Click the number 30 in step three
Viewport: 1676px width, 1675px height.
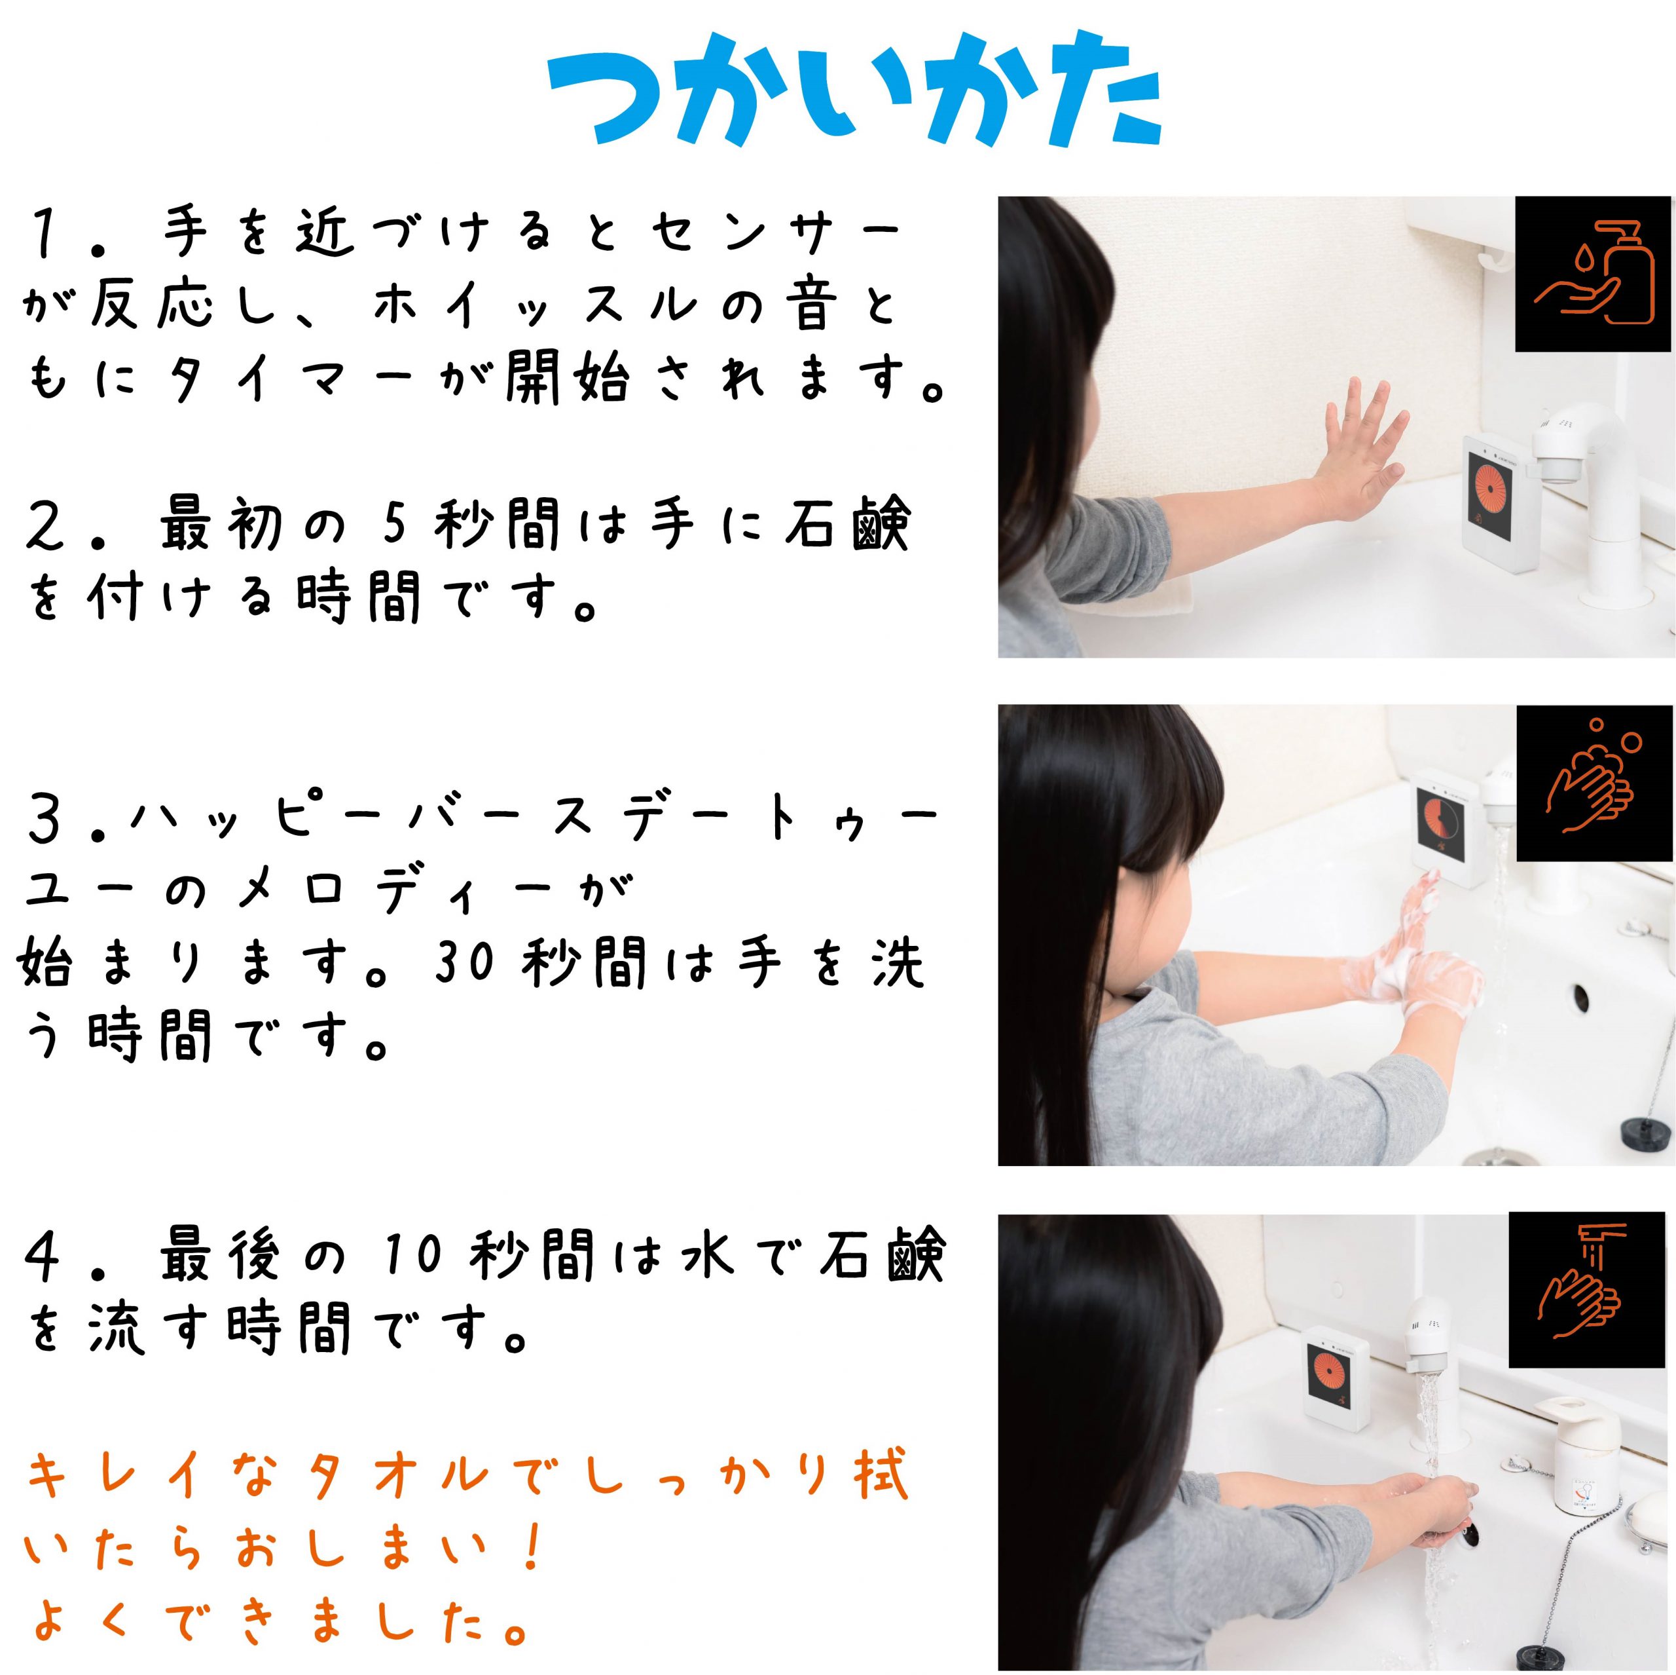coord(464,962)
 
